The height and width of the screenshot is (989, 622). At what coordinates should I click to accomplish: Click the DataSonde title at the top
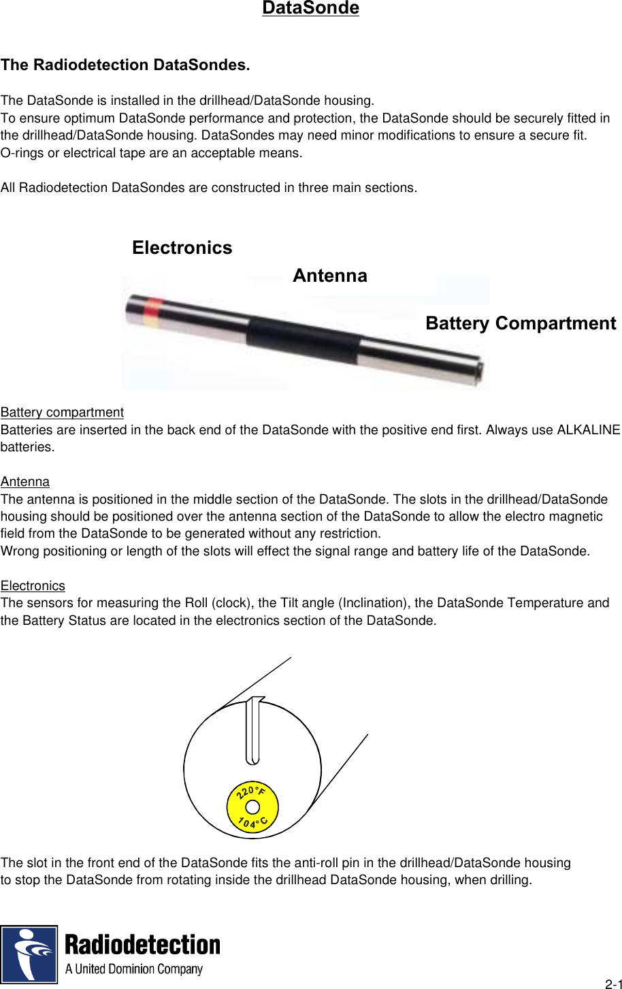coord(310,8)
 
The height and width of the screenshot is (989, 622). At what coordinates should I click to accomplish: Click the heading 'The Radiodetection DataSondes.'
coord(125,65)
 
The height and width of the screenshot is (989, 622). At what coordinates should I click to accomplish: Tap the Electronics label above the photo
coord(182,248)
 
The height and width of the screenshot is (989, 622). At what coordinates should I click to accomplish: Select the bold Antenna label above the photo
coord(330,276)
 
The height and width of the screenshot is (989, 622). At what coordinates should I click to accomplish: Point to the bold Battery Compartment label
coord(521,323)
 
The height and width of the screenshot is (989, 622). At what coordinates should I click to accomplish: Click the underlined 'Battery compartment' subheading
coord(62,412)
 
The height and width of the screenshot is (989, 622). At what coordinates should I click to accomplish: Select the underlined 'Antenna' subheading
coord(25,482)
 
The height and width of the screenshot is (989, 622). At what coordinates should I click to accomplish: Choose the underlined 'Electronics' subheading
coord(33,586)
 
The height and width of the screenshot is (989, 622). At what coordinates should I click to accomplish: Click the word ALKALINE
coord(589,430)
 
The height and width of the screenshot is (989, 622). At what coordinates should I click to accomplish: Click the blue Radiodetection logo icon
coord(29,954)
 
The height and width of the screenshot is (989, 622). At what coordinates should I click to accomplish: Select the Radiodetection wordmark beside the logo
coord(142,945)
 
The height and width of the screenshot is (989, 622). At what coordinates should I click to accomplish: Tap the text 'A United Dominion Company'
coord(134,969)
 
